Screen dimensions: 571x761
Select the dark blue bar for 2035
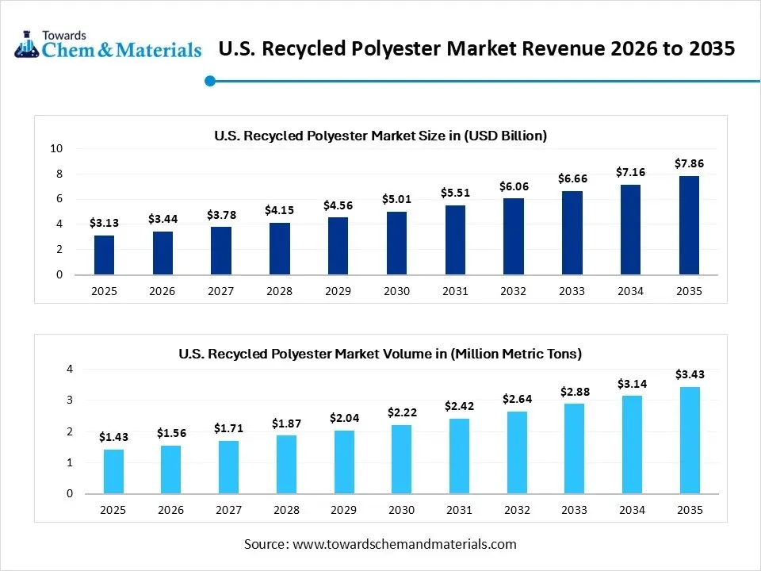(x=689, y=225)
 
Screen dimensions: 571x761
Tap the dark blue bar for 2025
(x=104, y=255)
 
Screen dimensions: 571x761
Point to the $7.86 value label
(x=689, y=163)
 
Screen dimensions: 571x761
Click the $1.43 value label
(x=113, y=437)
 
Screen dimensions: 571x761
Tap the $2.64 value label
(x=516, y=398)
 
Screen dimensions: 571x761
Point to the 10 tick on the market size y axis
(x=57, y=148)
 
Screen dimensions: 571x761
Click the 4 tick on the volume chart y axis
(x=69, y=369)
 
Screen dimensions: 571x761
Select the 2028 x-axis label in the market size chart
(x=279, y=291)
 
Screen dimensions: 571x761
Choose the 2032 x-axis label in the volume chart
(x=516, y=510)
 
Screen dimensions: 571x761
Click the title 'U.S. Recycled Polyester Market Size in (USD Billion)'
(x=380, y=136)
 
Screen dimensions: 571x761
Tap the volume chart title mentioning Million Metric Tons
(x=380, y=353)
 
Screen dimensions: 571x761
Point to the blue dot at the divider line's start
(x=210, y=80)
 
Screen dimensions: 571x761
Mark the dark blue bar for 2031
(x=455, y=240)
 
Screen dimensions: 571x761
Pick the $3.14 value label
(x=632, y=383)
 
